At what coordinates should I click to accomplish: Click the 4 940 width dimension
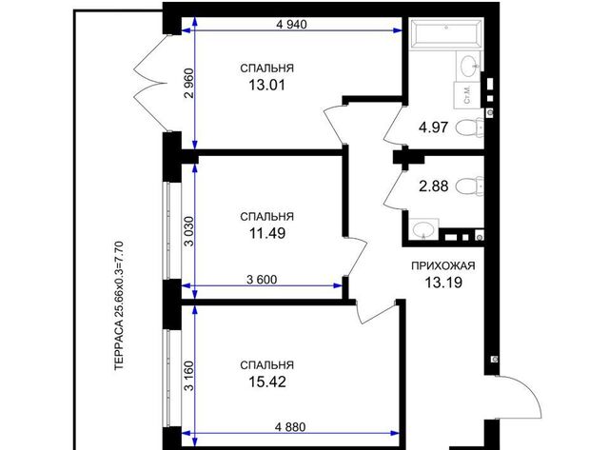coord(291,25)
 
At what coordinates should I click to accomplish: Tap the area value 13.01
coord(266,85)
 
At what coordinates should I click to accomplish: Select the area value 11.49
coord(266,233)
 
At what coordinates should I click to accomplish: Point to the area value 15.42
coord(267,382)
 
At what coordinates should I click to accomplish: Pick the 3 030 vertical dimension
coord(188,231)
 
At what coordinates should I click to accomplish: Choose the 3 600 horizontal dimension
coord(262,280)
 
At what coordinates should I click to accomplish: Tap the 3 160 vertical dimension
coord(188,376)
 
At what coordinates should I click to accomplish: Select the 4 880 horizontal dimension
coord(290,427)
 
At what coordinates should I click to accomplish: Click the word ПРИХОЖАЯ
coord(443,266)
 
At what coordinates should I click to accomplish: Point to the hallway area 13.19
coord(443,283)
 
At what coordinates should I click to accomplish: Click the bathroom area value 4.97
coord(434,127)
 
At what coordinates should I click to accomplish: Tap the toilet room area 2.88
coord(434,186)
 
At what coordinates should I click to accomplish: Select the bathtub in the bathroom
coord(446,35)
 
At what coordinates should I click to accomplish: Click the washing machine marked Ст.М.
coord(467,95)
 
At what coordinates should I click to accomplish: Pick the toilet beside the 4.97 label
coord(469,127)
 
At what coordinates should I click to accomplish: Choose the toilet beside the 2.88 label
coord(469,186)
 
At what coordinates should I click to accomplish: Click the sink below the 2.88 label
coord(423,229)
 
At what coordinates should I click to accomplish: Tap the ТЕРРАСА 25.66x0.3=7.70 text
coord(119,306)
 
